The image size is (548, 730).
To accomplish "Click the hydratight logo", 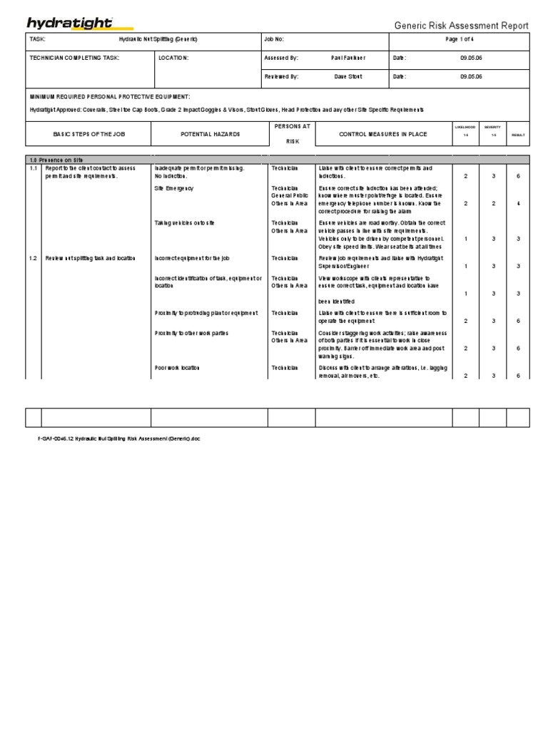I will tap(70, 23).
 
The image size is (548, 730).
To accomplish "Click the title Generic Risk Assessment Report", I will tap(462, 26).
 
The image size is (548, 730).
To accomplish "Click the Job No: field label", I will tap(274, 40).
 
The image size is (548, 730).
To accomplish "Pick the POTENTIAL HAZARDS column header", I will tap(210, 134).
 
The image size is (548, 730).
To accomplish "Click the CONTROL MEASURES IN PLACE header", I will tap(384, 134).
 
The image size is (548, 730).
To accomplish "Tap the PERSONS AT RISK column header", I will tap(291, 133).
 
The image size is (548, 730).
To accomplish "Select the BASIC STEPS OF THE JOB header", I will tap(88, 134).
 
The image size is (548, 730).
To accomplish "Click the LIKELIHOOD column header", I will tap(466, 127).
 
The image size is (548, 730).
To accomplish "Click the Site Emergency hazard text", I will tap(173, 188).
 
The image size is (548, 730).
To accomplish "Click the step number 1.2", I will tap(33, 258).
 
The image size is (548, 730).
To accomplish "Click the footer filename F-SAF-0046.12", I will tap(115, 439).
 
